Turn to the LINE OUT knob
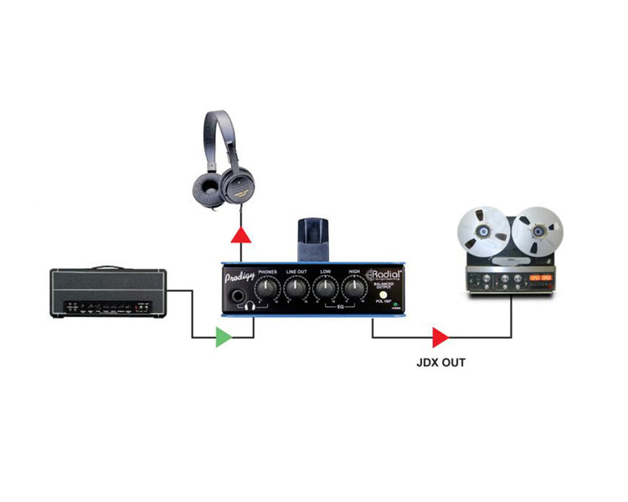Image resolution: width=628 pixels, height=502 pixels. (x=296, y=289)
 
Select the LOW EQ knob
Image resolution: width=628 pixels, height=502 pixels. (x=325, y=289)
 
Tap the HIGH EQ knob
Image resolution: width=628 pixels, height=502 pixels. (x=353, y=289)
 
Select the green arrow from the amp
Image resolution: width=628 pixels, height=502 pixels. (x=223, y=337)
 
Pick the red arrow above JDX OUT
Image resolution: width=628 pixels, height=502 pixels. (x=440, y=337)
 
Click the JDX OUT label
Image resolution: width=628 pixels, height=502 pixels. (x=440, y=363)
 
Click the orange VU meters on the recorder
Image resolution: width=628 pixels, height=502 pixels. (x=536, y=277)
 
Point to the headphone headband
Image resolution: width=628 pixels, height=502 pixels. (x=220, y=125)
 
